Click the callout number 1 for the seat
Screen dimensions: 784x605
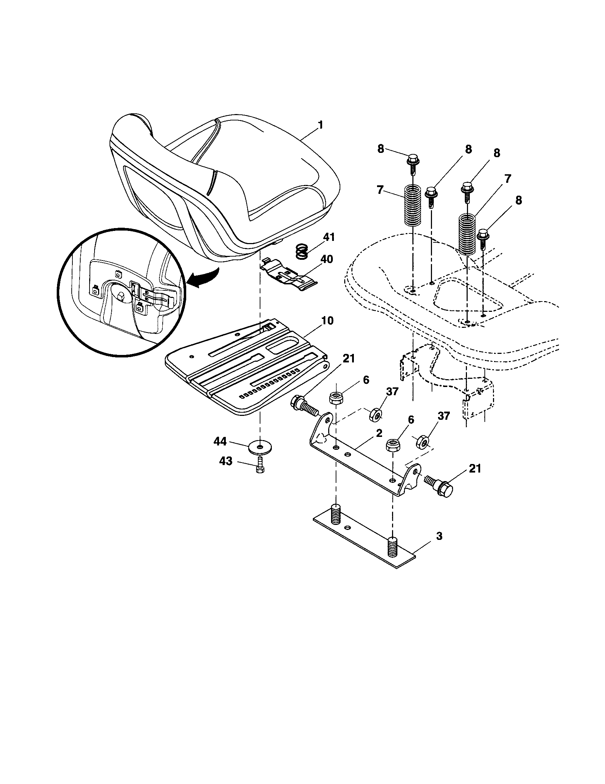point(320,125)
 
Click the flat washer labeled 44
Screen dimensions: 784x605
point(260,447)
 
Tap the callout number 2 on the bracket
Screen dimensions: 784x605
point(379,433)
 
